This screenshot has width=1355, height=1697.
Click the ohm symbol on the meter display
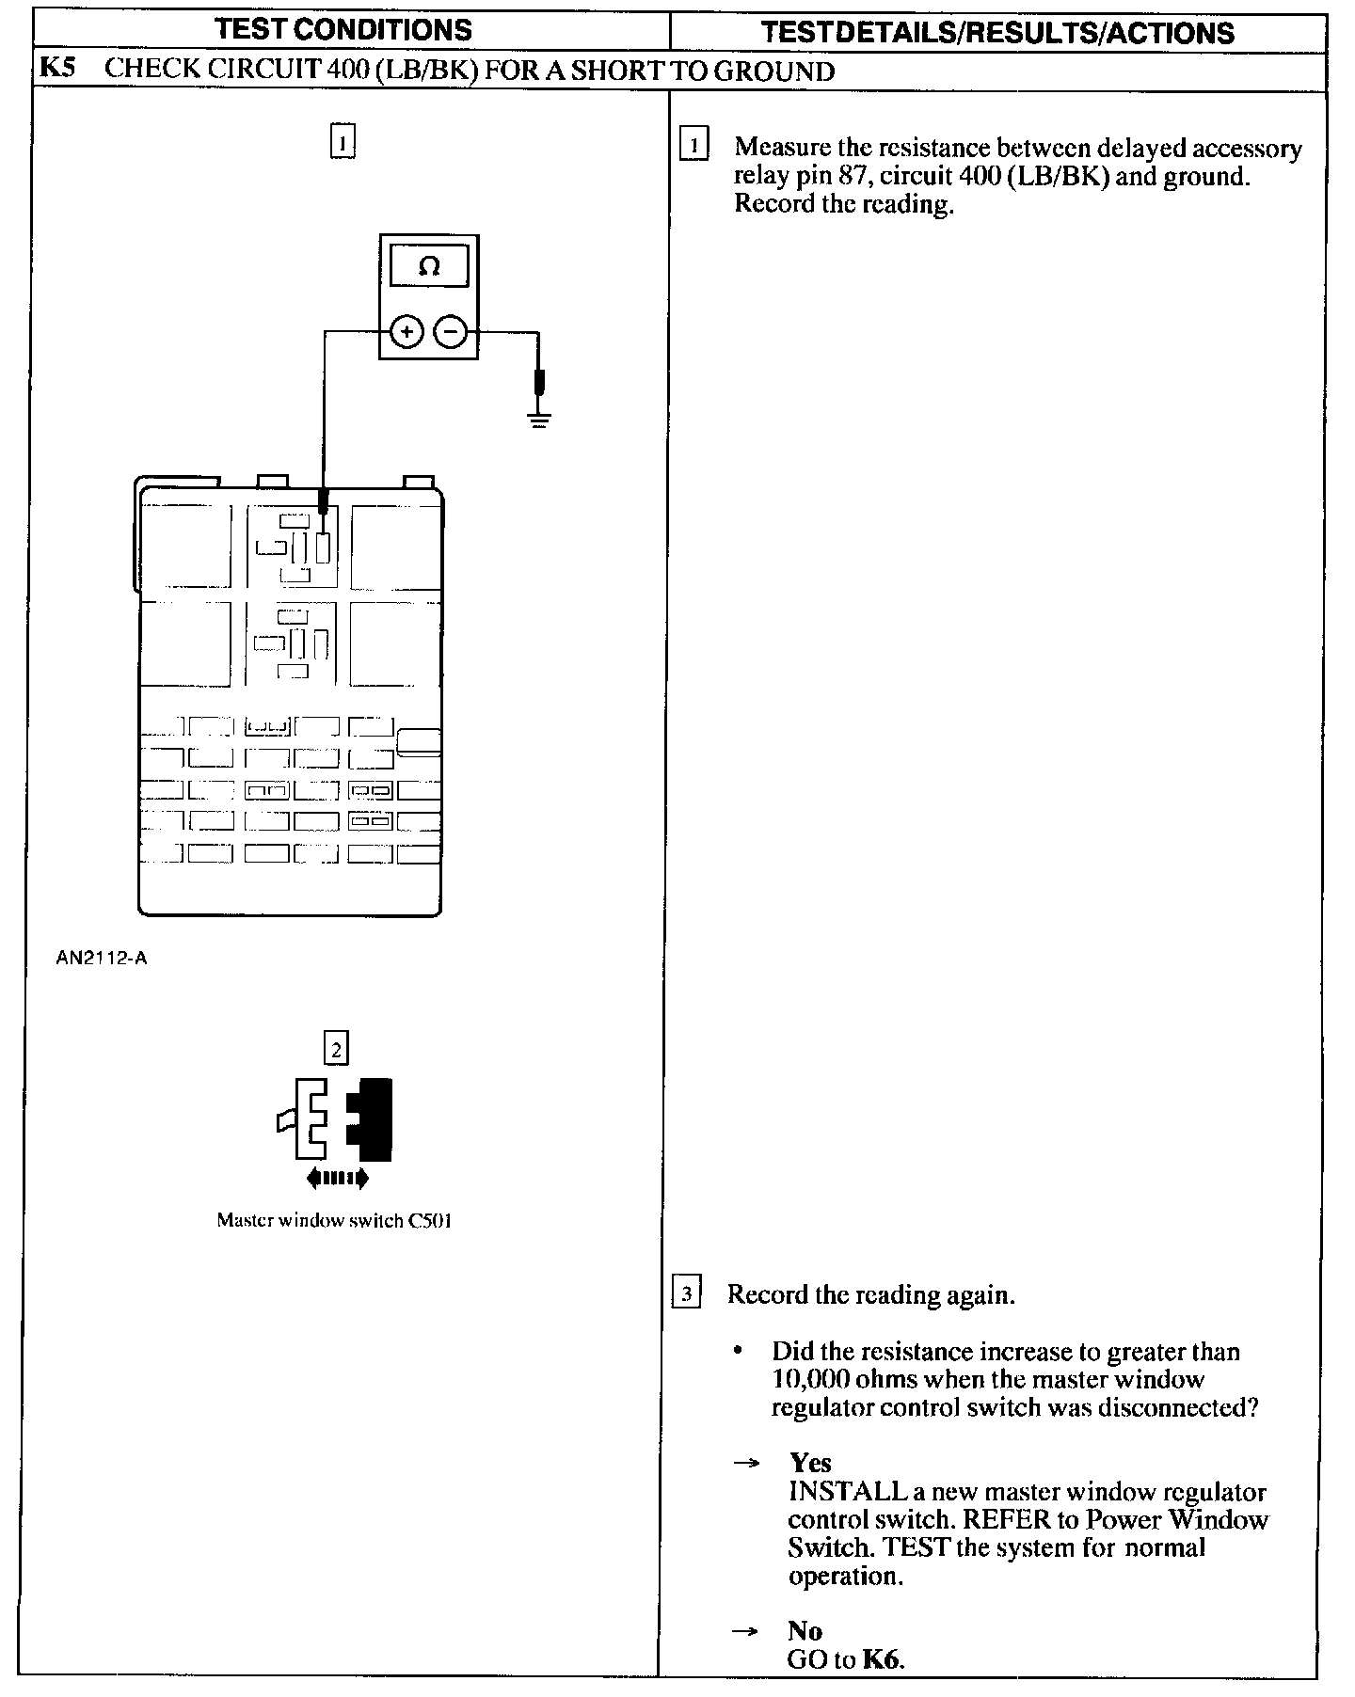click(x=428, y=267)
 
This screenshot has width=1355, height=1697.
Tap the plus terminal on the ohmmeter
click(x=406, y=332)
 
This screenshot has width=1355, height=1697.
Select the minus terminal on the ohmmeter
click(x=451, y=332)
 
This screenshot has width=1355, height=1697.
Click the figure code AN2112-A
click(x=102, y=959)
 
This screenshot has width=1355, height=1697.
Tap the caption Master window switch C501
click(x=334, y=1221)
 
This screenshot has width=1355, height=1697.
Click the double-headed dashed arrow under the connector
click(x=338, y=1178)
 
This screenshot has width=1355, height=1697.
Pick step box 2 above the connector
click(x=335, y=1048)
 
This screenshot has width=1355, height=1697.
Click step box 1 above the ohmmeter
click(x=343, y=141)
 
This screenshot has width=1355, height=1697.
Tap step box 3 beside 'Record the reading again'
click(x=687, y=1294)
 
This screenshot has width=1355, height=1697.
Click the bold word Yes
click(x=810, y=1463)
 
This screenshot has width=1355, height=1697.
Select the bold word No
click(x=805, y=1630)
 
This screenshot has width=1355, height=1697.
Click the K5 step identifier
click(x=57, y=70)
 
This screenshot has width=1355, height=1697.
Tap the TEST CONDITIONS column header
click(x=343, y=30)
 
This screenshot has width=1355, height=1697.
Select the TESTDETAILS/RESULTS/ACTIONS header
click(x=997, y=33)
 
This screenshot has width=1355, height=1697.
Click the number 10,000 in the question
click(x=810, y=1380)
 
